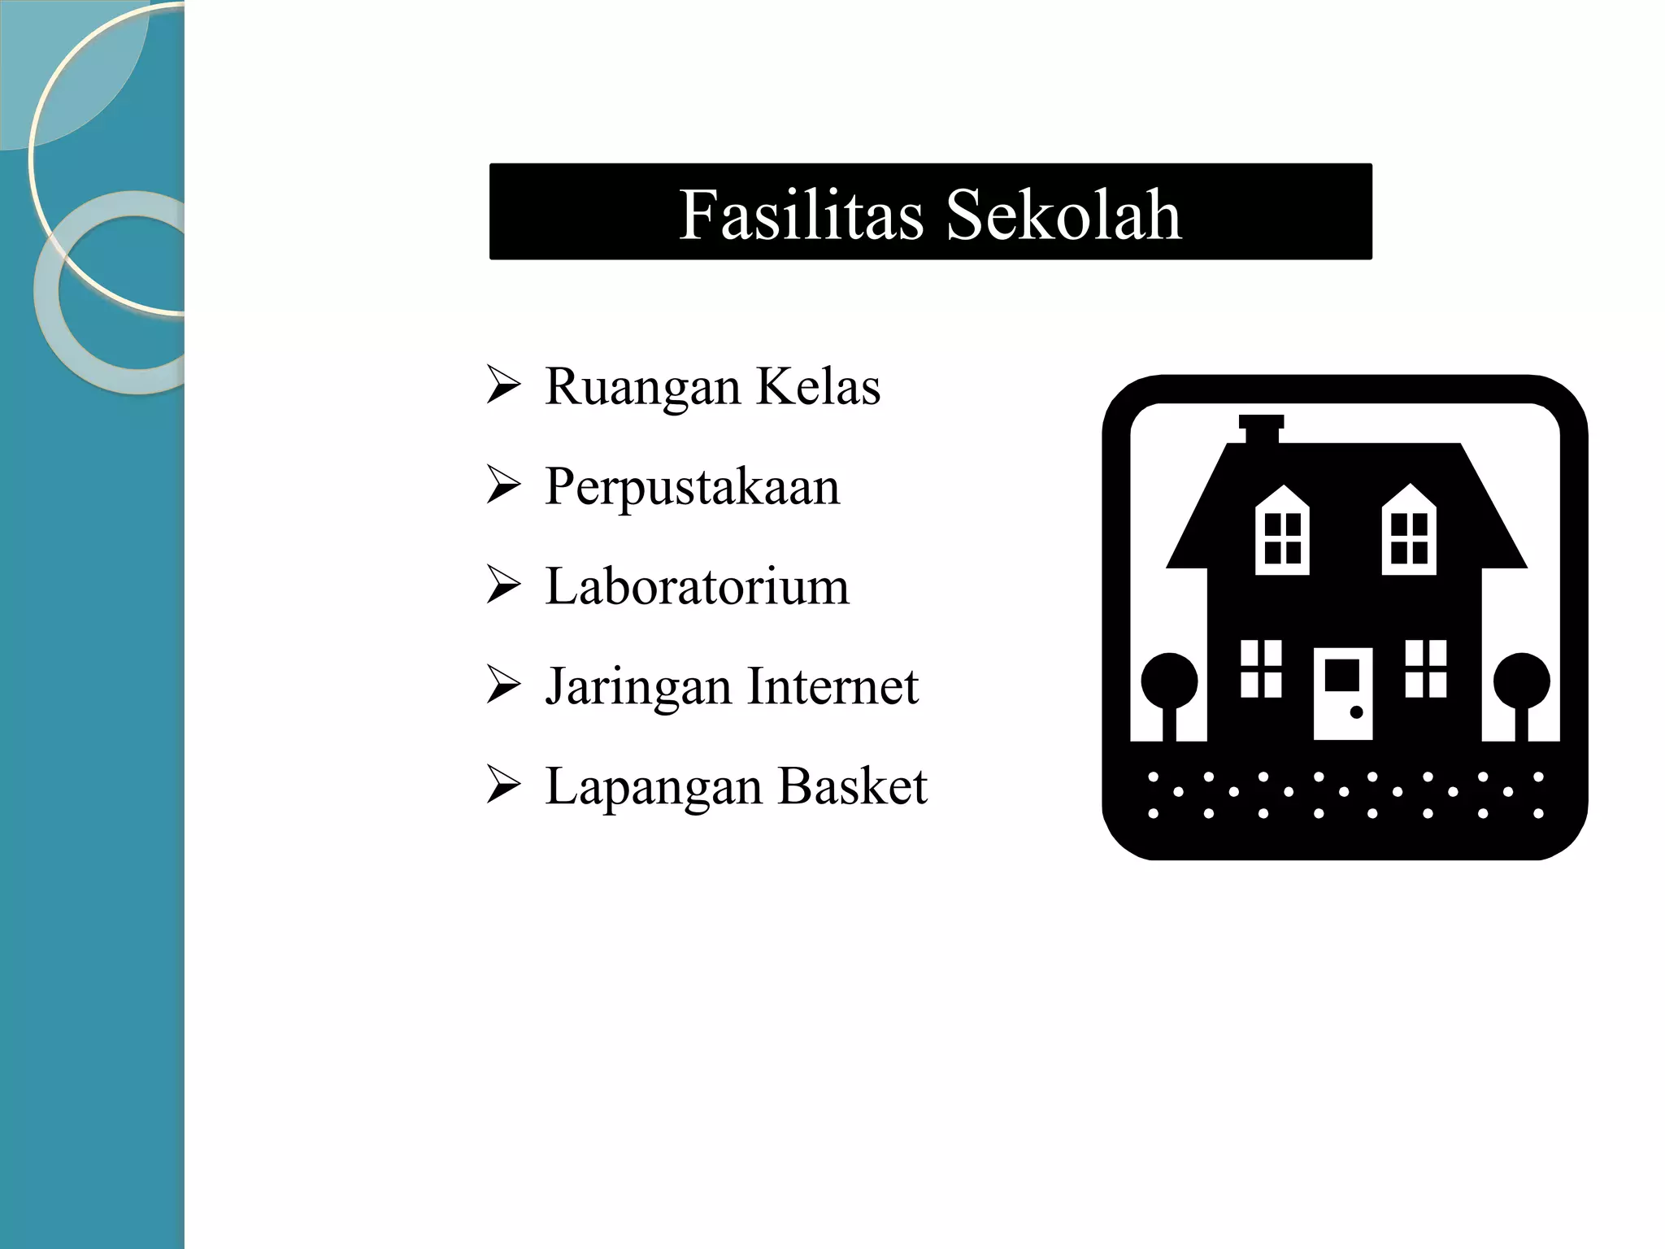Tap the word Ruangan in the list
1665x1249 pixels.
[642, 387]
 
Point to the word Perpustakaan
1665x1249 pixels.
[692, 488]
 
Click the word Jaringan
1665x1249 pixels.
[639, 687]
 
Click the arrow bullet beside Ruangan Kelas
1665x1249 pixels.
[503, 385]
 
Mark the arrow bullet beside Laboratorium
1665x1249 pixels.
[503, 585]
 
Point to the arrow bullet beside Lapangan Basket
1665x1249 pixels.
[503, 786]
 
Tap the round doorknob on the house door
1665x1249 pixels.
[1356, 712]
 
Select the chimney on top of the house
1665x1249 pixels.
[1262, 429]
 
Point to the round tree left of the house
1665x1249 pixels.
[1169, 681]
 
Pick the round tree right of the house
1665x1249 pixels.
[1521, 681]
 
